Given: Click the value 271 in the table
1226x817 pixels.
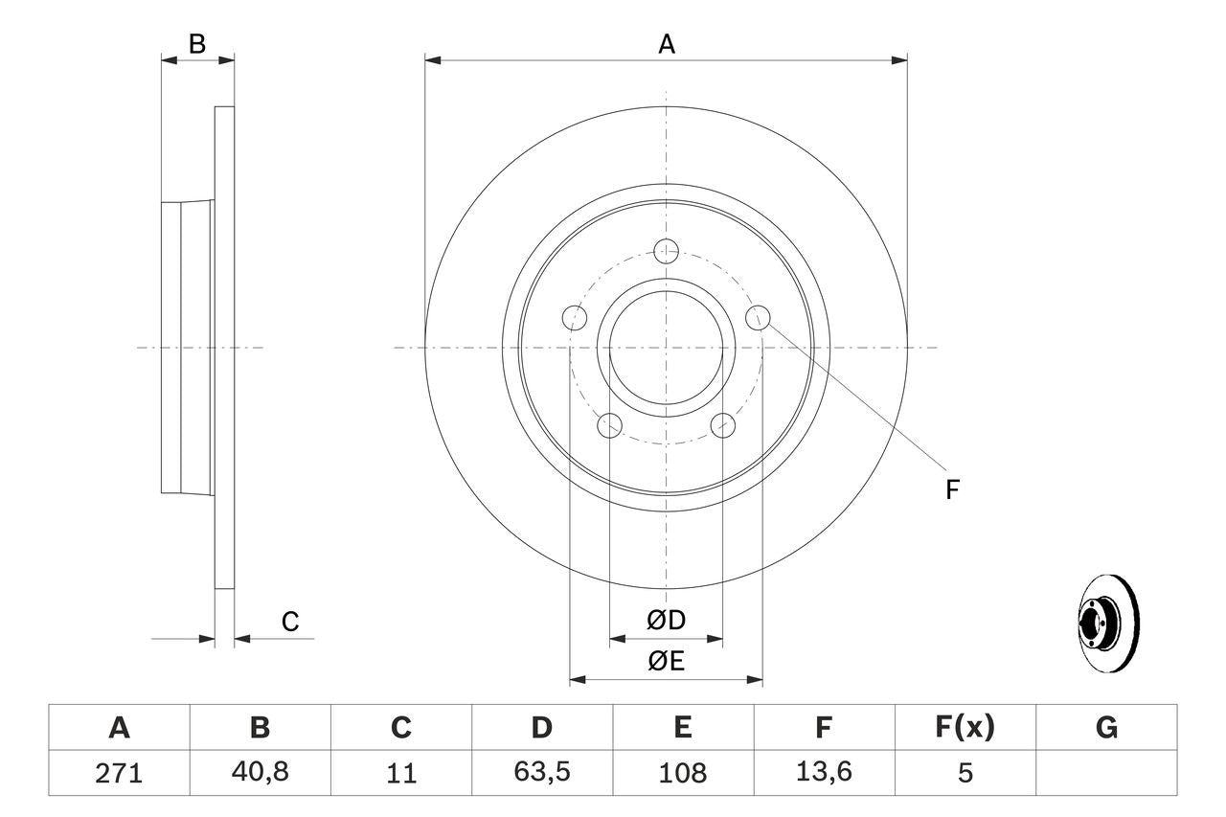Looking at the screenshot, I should coord(119,773).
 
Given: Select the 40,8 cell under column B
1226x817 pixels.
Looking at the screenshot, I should coord(260,773).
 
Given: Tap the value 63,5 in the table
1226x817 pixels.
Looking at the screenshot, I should coord(541,773).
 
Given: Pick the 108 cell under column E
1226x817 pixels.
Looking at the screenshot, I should coord(682,773).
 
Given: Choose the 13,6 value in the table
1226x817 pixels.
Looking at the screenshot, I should coord(823,773).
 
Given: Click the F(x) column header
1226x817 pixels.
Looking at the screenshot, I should coord(964,728).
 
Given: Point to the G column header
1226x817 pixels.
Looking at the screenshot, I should coord(1106,728).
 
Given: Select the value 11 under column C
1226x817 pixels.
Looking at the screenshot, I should coord(400,773).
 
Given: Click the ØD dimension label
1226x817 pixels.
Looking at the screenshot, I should coord(666,621).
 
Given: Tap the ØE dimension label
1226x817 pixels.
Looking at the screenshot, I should coord(666,662).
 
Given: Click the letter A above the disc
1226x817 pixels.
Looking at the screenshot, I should coord(666,44).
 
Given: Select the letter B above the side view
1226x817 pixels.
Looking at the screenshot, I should coord(196,44).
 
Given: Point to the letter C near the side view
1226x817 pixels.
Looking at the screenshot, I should coord(290,622).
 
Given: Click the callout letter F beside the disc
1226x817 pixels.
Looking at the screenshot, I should coord(951,490).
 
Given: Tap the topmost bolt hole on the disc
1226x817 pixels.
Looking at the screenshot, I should coord(666,251).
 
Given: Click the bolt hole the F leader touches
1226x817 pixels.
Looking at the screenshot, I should coord(758,317).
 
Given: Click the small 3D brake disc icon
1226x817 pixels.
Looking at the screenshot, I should coord(1108,624).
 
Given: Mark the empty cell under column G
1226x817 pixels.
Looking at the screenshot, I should coord(1106,773).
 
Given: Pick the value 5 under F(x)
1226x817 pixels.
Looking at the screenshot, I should coord(964,773).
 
